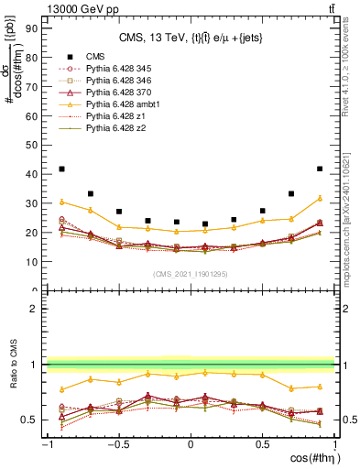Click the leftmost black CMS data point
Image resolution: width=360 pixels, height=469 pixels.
click(61, 169)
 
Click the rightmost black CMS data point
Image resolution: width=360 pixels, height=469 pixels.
click(320, 169)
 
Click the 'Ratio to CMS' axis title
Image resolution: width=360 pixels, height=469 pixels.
click(15, 376)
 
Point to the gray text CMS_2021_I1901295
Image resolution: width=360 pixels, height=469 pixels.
click(190, 275)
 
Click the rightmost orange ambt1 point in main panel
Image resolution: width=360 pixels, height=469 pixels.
click(320, 198)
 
